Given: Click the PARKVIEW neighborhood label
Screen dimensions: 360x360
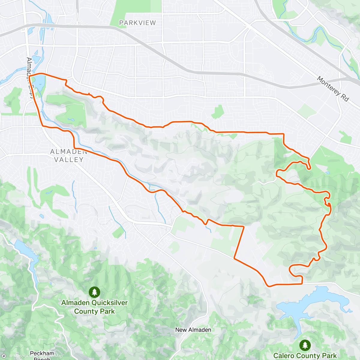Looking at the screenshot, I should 137,23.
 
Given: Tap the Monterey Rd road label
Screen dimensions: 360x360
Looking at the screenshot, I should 333,89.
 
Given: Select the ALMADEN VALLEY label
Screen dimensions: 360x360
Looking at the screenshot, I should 69,156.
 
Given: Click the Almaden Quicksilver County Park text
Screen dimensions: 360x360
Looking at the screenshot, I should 94,307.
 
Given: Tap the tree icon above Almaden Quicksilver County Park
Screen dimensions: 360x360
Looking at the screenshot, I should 94,292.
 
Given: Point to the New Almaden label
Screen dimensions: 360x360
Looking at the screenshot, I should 193,330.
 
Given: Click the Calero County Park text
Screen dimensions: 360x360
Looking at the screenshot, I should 305,356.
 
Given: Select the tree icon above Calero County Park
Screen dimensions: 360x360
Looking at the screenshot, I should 305,345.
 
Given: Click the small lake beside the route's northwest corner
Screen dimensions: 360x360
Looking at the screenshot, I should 40,81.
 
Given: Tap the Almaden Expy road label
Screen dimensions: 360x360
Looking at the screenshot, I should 29,76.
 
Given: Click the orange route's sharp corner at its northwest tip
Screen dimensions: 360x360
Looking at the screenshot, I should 29,76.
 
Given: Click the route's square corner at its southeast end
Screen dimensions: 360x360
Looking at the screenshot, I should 302,283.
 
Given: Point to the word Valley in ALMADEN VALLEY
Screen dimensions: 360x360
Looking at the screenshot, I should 69,160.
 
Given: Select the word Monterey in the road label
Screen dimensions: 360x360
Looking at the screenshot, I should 328,85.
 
